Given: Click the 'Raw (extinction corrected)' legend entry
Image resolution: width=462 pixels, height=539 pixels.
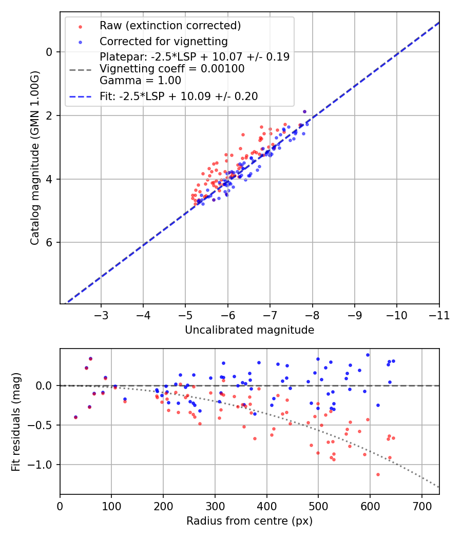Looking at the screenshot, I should (170, 26).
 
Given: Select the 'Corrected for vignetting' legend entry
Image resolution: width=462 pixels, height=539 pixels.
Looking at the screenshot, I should (164, 41).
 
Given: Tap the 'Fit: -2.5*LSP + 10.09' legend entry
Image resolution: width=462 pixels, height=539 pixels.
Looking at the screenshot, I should (179, 96).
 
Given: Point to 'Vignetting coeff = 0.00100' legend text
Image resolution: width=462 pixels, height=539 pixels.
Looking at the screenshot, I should (172, 69).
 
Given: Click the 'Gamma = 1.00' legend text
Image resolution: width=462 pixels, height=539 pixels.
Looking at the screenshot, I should (141, 81).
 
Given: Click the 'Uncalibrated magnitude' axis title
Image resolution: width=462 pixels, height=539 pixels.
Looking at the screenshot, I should (249, 330).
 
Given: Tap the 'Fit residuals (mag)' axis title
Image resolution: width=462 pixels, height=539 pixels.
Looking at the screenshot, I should (16, 421).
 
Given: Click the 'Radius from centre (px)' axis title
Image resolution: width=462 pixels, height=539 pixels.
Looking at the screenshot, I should (249, 521).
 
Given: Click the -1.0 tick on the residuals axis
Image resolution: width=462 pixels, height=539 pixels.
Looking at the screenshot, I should (42, 465).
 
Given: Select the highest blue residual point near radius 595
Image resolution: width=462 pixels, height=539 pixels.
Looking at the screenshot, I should (368, 355).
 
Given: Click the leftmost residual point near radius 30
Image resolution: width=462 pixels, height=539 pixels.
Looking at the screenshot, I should (75, 417).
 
